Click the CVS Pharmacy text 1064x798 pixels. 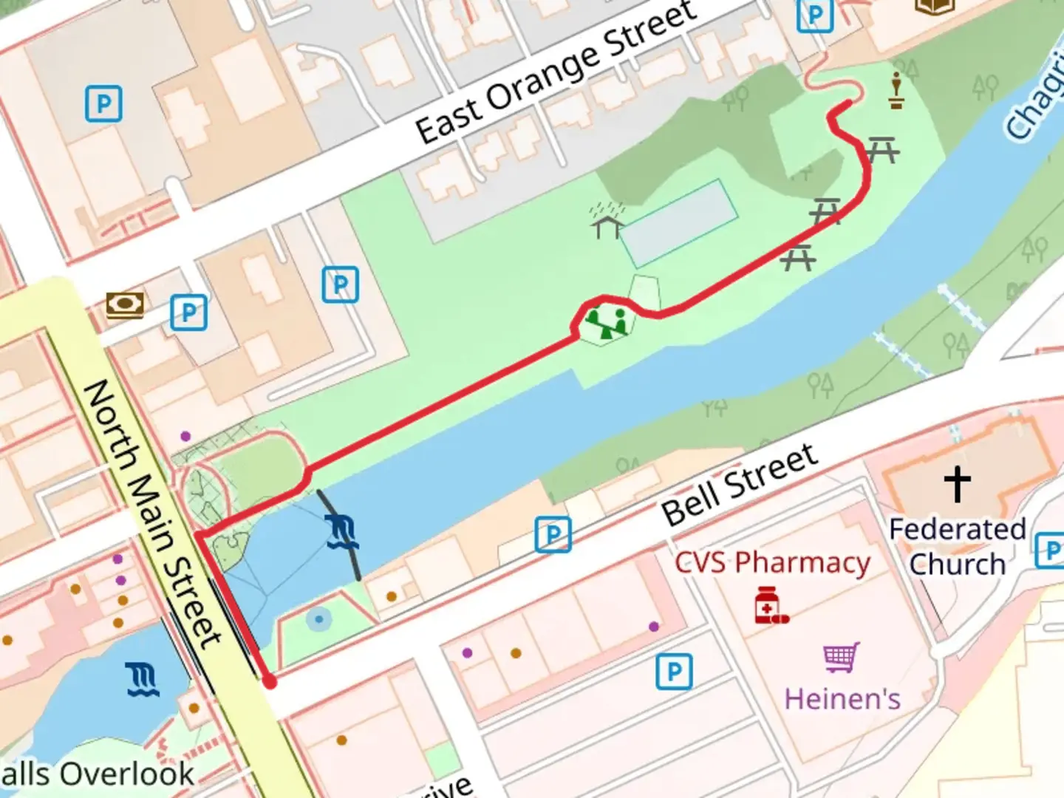772,563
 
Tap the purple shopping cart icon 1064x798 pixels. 842,656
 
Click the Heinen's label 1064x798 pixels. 842,698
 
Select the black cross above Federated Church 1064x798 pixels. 957,484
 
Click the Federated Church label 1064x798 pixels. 957,547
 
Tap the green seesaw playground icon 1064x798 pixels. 607,324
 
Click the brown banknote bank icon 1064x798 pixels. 125,304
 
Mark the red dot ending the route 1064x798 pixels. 270,682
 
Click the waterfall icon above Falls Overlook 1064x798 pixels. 143,680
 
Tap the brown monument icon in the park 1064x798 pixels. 896,91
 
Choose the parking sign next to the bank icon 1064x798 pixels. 188,313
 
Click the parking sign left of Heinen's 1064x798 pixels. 674,672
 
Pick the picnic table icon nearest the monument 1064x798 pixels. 881,150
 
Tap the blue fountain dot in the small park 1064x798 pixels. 318,619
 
